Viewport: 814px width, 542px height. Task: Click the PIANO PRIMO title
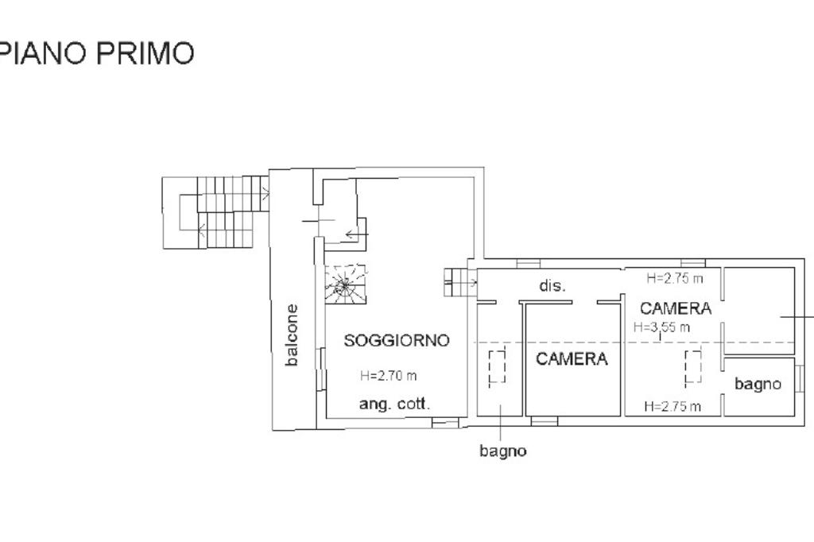(x=97, y=53)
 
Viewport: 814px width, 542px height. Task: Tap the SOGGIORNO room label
(x=397, y=340)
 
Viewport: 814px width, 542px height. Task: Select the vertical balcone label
(x=292, y=335)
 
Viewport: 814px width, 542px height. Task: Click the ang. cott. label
(x=394, y=404)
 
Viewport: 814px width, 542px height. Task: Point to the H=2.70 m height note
(x=388, y=376)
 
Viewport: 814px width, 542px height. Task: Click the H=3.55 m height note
(x=661, y=327)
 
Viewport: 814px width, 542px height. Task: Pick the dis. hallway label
(x=552, y=286)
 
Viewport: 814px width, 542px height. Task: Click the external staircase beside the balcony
(x=215, y=211)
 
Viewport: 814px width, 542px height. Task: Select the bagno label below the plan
(x=502, y=451)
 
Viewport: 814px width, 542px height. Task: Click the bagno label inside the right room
(x=758, y=384)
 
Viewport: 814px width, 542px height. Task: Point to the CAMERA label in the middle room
(x=572, y=358)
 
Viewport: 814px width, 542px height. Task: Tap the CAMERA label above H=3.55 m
(x=675, y=308)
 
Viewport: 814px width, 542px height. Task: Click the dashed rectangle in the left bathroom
(x=498, y=369)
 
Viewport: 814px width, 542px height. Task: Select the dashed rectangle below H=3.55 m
(x=692, y=367)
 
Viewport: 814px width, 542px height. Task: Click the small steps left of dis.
(x=459, y=281)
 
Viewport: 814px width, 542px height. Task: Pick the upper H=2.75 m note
(x=674, y=278)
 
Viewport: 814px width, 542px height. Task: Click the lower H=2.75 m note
(x=673, y=406)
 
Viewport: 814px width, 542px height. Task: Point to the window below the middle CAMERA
(x=545, y=420)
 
